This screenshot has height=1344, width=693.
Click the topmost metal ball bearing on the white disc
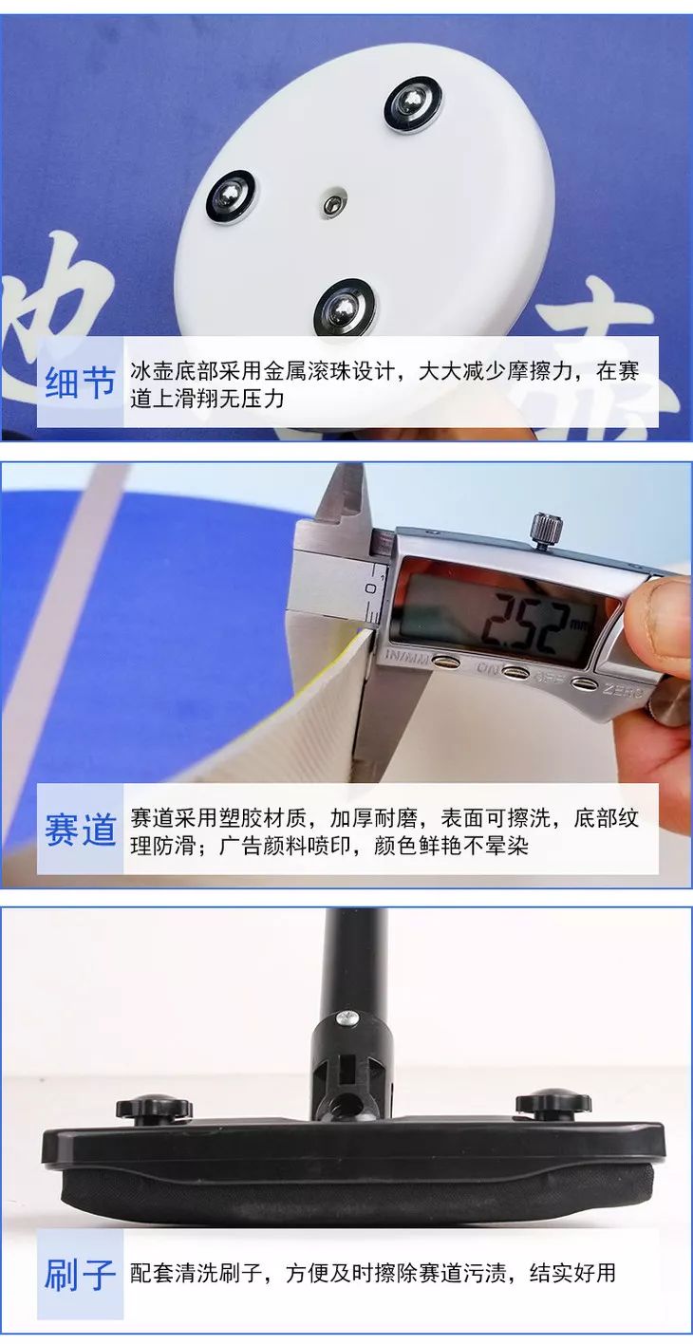tap(413, 103)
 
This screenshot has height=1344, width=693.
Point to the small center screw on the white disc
tap(330, 205)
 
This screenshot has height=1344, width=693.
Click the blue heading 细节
tap(81, 383)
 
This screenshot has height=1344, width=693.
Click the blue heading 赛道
tap(81, 831)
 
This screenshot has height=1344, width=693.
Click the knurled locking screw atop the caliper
tap(545, 529)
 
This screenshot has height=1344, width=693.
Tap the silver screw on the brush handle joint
tap(348, 1017)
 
